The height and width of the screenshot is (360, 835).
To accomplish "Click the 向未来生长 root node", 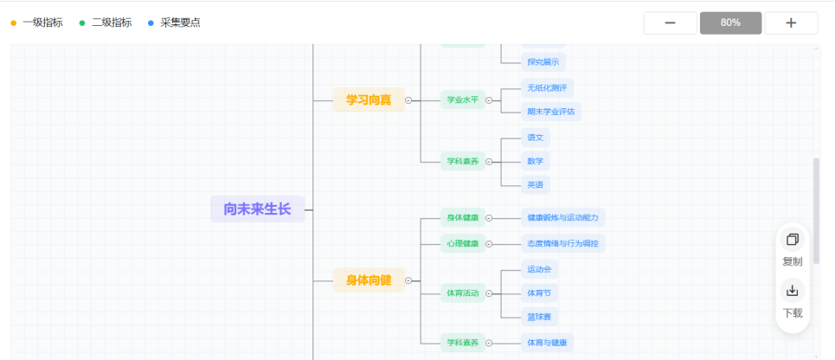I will tap(258, 209).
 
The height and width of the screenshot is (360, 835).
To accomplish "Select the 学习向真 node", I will tap(369, 100).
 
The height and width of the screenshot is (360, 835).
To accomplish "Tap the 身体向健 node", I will tap(369, 280).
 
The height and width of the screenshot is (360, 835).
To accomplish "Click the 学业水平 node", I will tap(462, 100).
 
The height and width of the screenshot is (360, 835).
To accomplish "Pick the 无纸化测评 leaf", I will tap(547, 87).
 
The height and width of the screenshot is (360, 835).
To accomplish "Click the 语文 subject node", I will tap(535, 137).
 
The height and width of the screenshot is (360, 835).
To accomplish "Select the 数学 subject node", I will tap(535, 161).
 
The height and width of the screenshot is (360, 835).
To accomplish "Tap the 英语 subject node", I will tap(535, 184).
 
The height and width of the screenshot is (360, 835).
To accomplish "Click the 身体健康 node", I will tap(462, 217).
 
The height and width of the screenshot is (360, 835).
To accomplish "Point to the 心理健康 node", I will tap(462, 243).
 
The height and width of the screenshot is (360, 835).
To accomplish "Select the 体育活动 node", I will tap(462, 292).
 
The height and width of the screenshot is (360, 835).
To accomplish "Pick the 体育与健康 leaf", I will tap(547, 343).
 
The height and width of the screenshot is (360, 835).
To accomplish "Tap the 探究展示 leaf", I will tap(543, 61).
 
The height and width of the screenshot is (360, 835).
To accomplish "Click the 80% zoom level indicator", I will tap(730, 22).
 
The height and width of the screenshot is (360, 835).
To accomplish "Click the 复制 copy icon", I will tap(792, 240).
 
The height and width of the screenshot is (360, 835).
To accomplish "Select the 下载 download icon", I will tap(792, 291).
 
